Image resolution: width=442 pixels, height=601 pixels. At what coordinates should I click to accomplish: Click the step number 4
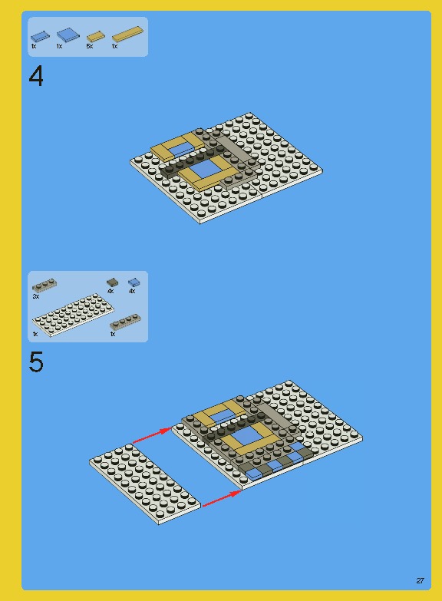[36, 77]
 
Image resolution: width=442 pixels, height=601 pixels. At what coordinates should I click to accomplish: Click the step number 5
[36, 362]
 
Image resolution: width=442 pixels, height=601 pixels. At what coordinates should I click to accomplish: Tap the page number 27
[420, 580]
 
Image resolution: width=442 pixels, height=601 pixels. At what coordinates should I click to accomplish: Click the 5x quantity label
[90, 47]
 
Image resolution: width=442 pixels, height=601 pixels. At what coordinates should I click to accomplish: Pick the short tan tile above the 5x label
[94, 36]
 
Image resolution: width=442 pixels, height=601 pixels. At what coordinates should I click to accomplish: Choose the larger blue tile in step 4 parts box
[67, 35]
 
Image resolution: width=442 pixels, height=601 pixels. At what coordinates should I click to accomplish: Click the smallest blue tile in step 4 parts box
[40, 35]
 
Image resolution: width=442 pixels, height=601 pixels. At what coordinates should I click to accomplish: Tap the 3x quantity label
[36, 296]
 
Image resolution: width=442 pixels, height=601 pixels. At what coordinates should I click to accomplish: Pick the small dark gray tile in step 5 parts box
[112, 282]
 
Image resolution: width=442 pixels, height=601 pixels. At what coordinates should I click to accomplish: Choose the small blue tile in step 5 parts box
[134, 282]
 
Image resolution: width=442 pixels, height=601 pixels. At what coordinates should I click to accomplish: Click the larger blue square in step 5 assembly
[243, 438]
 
